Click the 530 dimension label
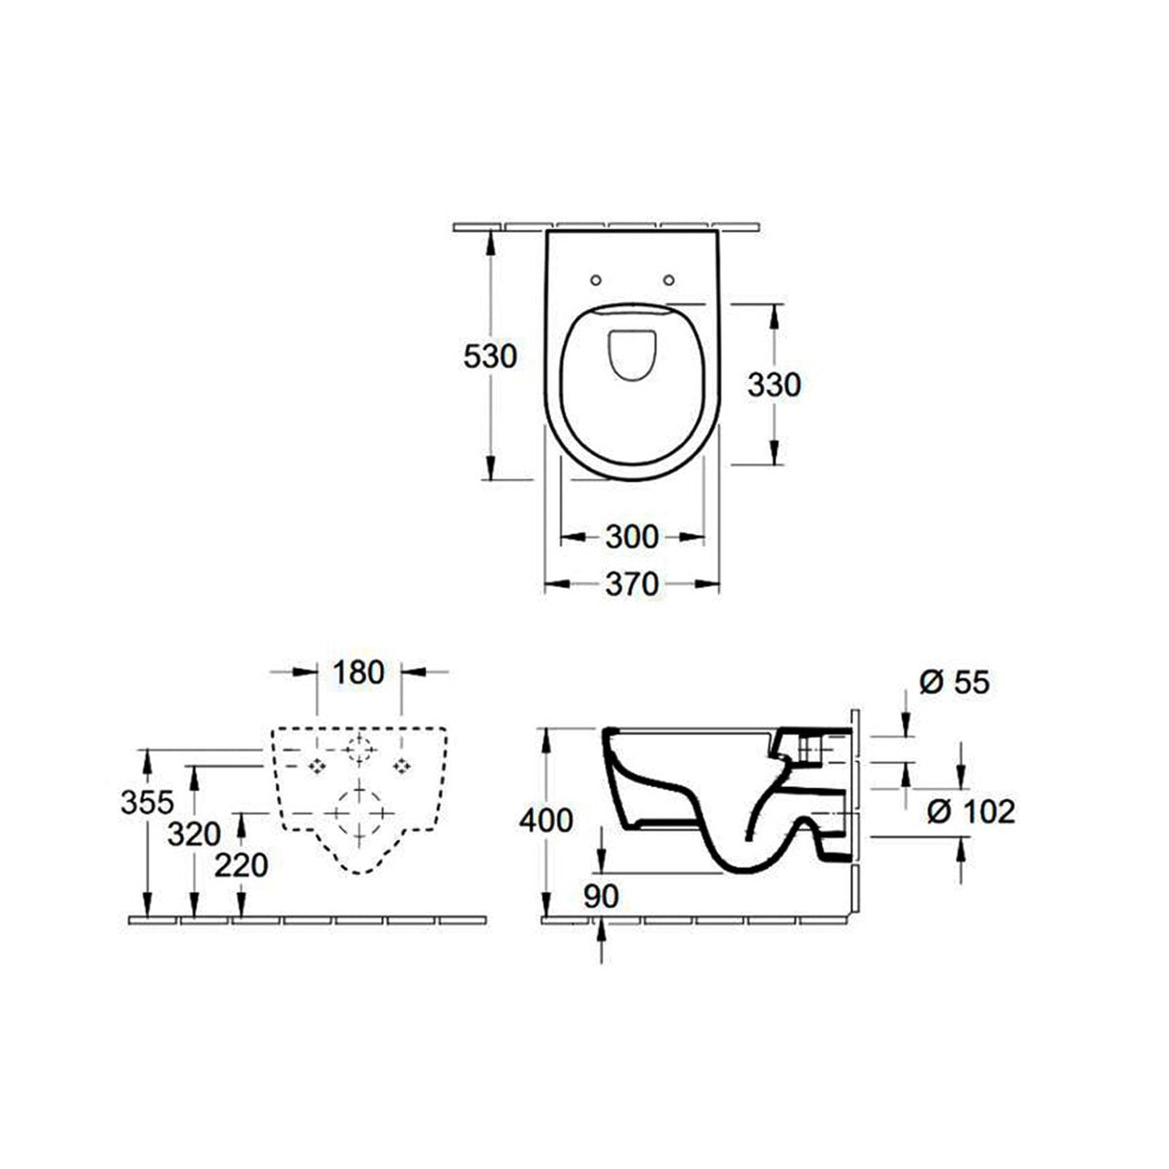(x=489, y=357)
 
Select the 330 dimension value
(x=773, y=386)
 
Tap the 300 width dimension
(x=631, y=536)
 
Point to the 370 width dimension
(x=631, y=584)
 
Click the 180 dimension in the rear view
(x=358, y=672)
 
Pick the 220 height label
(x=241, y=864)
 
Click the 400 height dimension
(x=546, y=821)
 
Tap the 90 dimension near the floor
(x=602, y=897)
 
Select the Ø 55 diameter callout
(x=954, y=683)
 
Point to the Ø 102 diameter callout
(x=970, y=811)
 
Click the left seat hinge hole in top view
(x=595, y=282)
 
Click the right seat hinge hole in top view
(x=669, y=282)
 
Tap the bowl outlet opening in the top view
(x=631, y=357)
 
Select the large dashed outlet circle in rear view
(x=359, y=810)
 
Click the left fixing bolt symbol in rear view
(x=317, y=767)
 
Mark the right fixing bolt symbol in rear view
(x=400, y=767)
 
